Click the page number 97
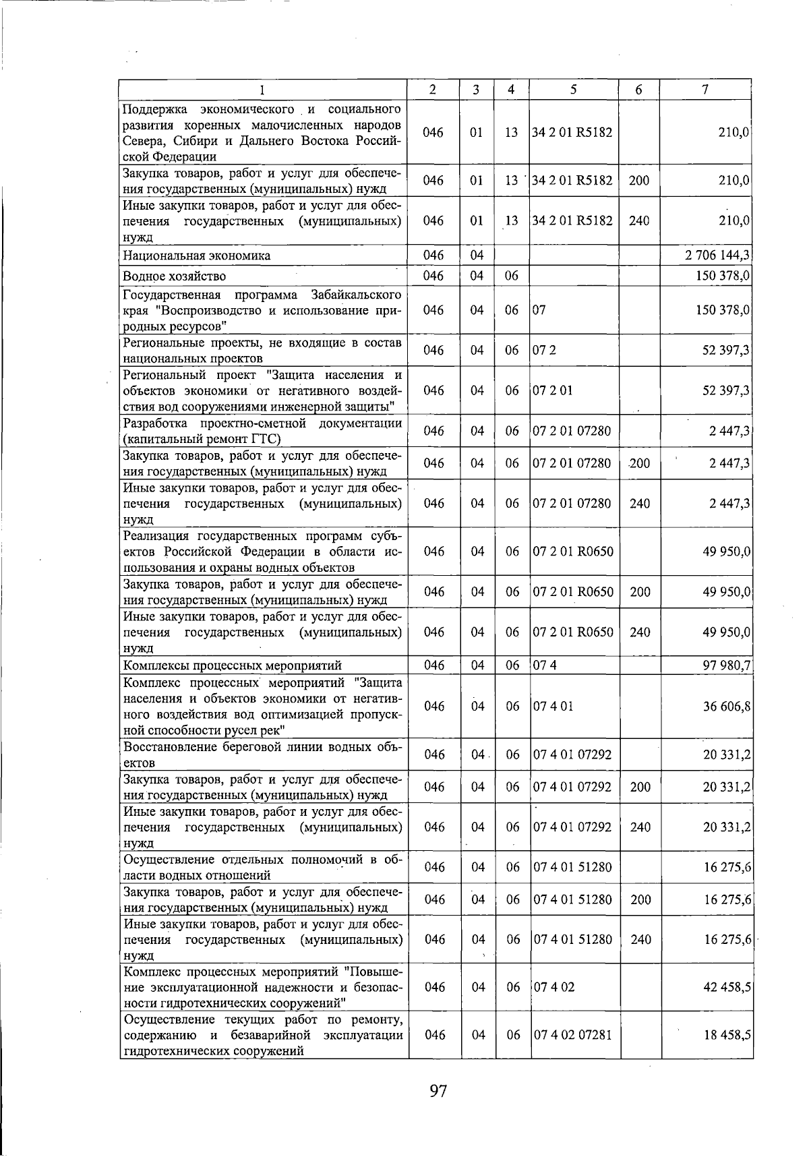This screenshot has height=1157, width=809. [x=438, y=1090]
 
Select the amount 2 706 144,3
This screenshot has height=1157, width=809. [x=718, y=256]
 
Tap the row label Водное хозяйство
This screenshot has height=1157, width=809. [x=175, y=276]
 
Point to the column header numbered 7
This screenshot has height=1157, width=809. [x=705, y=89]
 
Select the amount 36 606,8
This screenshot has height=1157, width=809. [x=727, y=706]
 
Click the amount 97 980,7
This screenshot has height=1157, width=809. [x=727, y=666]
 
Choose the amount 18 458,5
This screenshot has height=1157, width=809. [x=727, y=1035]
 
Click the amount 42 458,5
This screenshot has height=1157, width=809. [x=727, y=987]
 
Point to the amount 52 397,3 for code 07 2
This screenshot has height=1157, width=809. [x=727, y=350]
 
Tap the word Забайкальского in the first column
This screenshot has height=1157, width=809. [x=357, y=295]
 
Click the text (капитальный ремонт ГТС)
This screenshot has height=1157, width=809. [x=202, y=440]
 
